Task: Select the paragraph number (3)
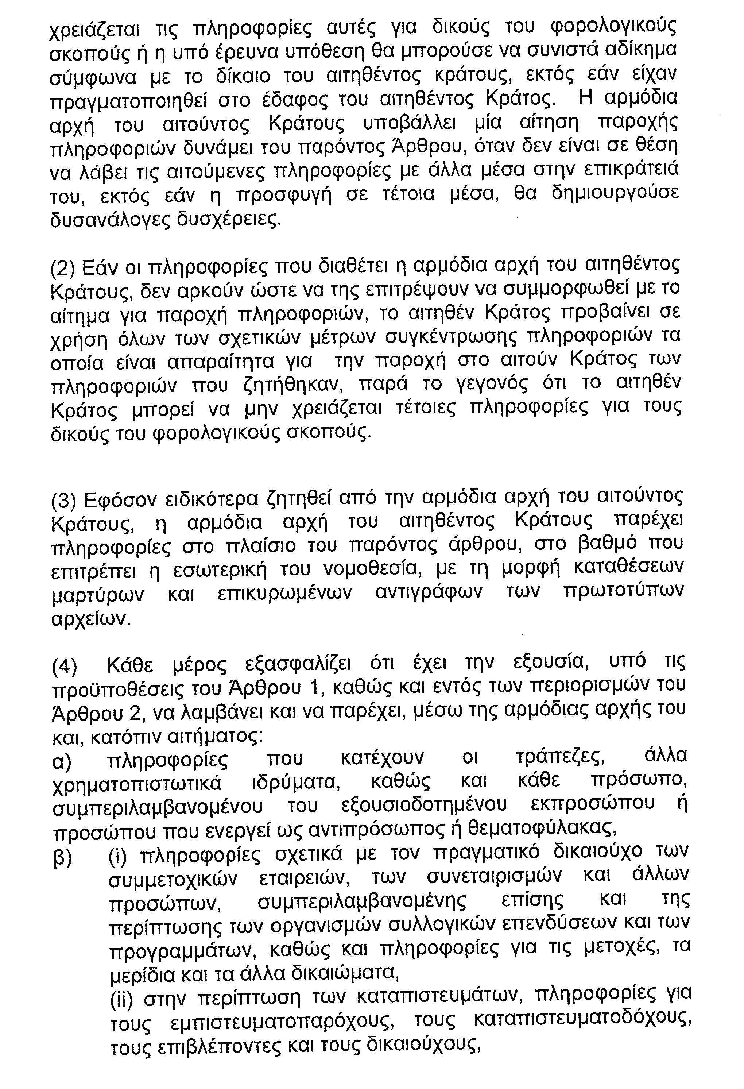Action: tap(63, 501)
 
